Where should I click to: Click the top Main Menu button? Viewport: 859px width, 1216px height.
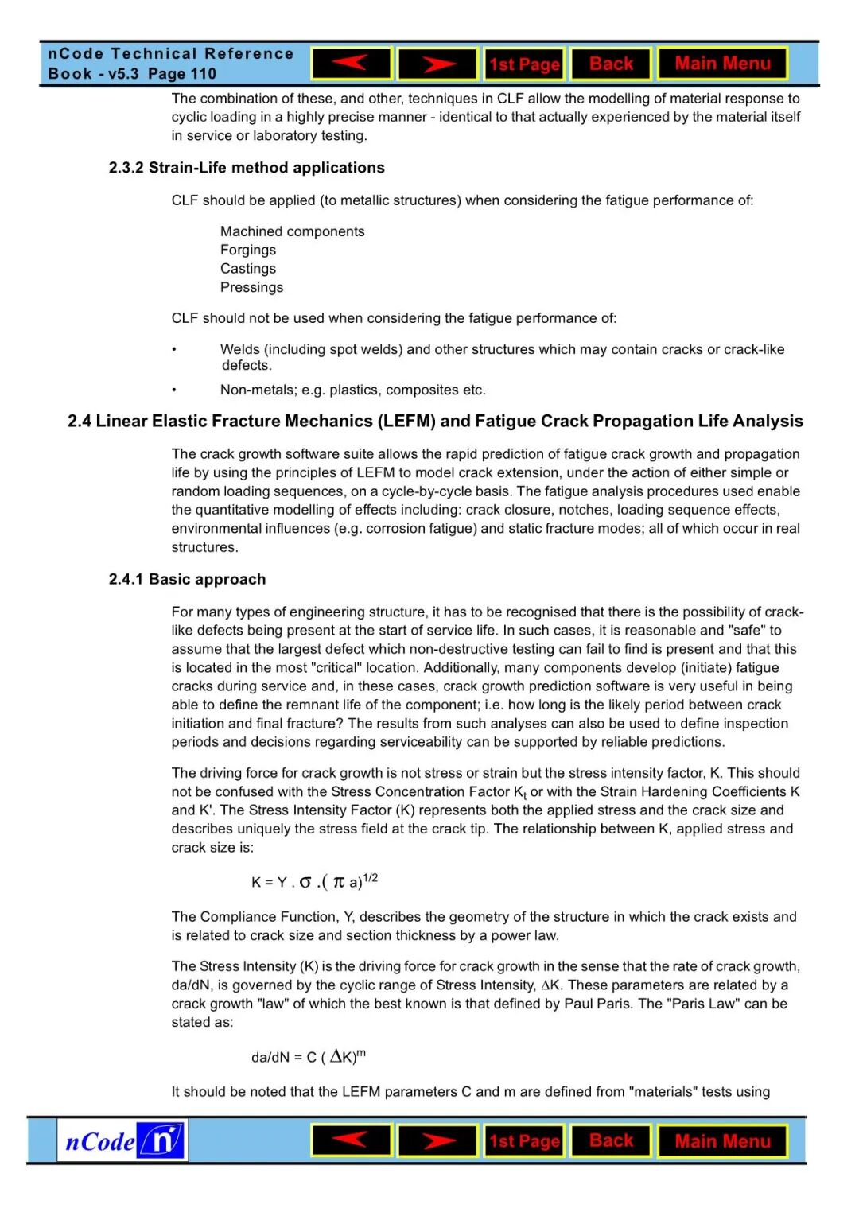(x=722, y=64)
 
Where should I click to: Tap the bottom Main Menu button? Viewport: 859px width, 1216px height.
(x=722, y=1141)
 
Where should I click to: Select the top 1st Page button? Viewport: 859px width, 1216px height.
(x=524, y=64)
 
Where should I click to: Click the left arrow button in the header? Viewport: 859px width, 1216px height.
(x=352, y=64)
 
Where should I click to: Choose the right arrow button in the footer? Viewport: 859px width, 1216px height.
(x=437, y=1141)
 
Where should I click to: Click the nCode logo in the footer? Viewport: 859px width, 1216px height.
(x=122, y=1141)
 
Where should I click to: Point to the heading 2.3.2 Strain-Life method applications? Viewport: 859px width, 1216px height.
(x=247, y=168)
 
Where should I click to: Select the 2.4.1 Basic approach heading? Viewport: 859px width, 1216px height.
(x=187, y=579)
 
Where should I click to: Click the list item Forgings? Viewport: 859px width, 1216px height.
(x=248, y=250)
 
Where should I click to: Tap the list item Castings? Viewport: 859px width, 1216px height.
(x=248, y=269)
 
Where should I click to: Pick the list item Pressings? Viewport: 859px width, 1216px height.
(x=251, y=287)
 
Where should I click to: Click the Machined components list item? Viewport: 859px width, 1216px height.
(x=292, y=231)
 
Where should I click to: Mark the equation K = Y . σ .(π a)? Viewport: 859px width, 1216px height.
(x=314, y=881)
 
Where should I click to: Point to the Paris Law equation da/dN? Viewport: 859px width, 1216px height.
(x=308, y=1057)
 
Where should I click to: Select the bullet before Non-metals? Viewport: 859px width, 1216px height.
(x=174, y=390)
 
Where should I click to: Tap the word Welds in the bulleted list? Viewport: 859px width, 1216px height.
(x=239, y=349)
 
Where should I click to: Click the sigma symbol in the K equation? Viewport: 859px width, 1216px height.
(x=305, y=882)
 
